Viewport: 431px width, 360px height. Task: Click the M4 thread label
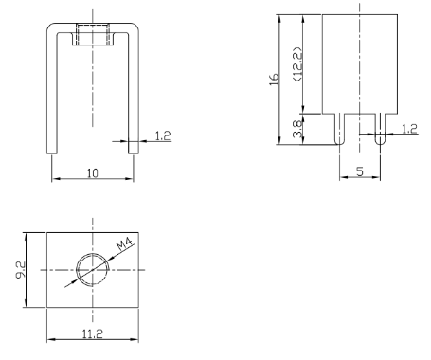click(125, 243)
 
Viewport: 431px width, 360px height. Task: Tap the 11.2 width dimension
click(93, 333)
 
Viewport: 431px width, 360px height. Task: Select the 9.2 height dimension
click(20, 270)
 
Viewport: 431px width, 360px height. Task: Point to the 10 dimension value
click(93, 173)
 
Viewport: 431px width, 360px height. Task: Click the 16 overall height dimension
click(274, 79)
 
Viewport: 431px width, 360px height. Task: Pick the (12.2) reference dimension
click(297, 64)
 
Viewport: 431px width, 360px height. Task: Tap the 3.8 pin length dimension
click(297, 129)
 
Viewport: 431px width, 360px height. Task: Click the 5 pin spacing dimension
click(360, 171)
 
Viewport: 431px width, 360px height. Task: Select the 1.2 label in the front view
click(163, 135)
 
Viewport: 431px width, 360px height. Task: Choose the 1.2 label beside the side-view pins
click(409, 129)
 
